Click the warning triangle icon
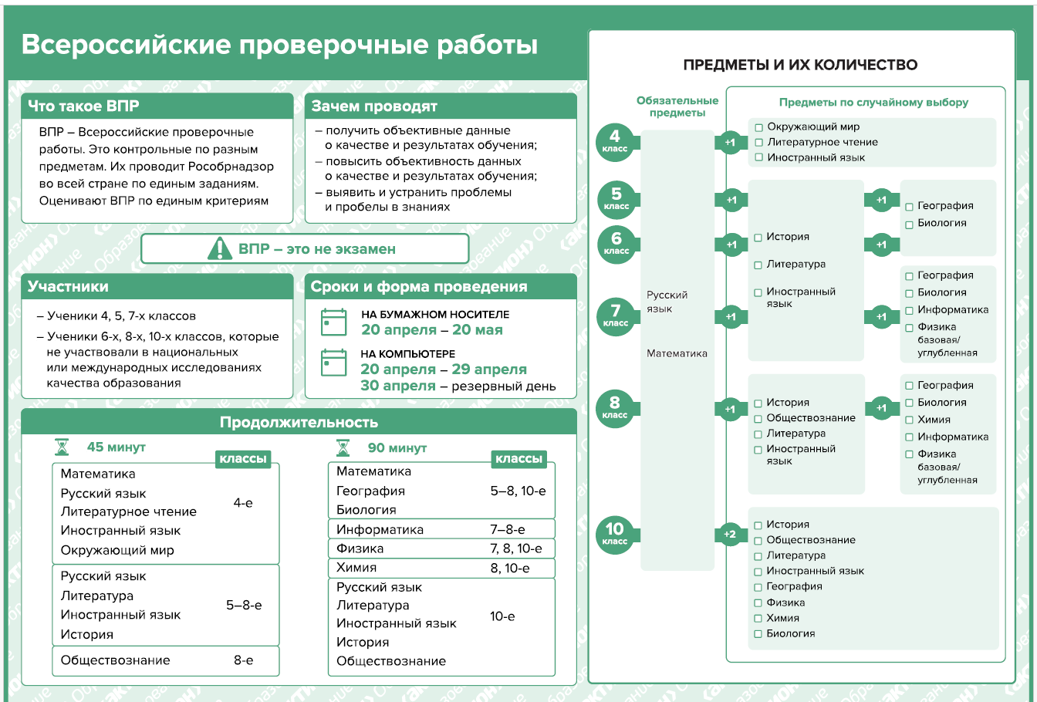pyautogui.click(x=220, y=248)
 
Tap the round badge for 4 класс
pyautogui.click(x=615, y=141)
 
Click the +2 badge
pyautogui.click(x=730, y=534)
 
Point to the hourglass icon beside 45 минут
pyautogui.click(x=62, y=447)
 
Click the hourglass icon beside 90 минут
pyautogui.click(x=343, y=447)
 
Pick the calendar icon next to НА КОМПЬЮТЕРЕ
pyautogui.click(x=334, y=363)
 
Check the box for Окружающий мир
pyautogui.click(x=759, y=127)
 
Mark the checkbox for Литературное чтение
pyautogui.click(x=759, y=143)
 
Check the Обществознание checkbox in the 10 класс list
pyautogui.click(x=758, y=541)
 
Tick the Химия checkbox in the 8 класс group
pyautogui.click(x=910, y=420)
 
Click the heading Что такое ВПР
pyautogui.click(x=83, y=106)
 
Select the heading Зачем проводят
pyautogui.click(x=374, y=106)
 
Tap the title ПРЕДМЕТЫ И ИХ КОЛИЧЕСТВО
pyautogui.click(x=800, y=65)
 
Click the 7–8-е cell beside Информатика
pyautogui.click(x=508, y=529)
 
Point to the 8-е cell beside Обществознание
pyautogui.click(x=243, y=660)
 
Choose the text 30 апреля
pyautogui.click(x=398, y=386)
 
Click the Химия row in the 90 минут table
pyautogui.click(x=357, y=568)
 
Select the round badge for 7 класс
pyautogui.click(x=616, y=315)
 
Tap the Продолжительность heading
pyautogui.click(x=299, y=422)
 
